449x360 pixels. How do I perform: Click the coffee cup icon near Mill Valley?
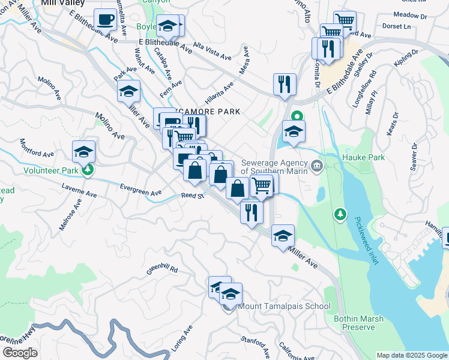click(106, 20)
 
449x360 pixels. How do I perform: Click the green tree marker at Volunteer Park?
click(88, 170)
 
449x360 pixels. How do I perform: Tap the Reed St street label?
click(193, 196)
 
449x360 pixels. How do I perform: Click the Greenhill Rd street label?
click(162, 269)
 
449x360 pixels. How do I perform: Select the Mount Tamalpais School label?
click(284, 306)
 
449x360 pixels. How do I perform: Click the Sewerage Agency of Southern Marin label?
click(274, 166)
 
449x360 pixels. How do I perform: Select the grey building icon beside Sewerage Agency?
click(317, 164)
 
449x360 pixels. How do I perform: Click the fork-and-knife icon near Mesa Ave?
click(285, 84)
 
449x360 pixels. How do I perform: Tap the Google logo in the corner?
click(20, 352)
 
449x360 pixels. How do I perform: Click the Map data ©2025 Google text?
click(412, 355)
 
